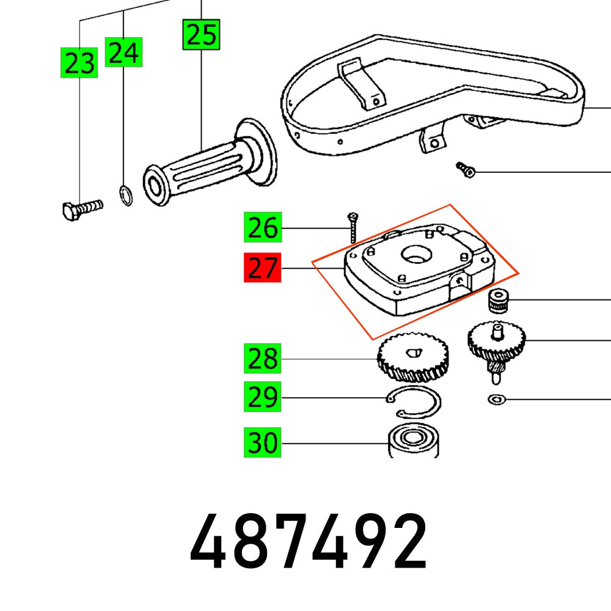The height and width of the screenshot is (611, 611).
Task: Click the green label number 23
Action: pos(79,62)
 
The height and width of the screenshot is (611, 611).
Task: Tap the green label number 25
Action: pos(201,34)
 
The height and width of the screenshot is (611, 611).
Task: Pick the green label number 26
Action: pos(262,229)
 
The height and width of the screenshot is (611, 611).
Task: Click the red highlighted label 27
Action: pos(262,268)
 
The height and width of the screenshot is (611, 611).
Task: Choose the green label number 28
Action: pos(262,359)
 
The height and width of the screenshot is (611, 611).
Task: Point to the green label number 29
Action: pos(262,398)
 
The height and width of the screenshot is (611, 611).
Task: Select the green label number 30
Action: pos(262,442)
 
